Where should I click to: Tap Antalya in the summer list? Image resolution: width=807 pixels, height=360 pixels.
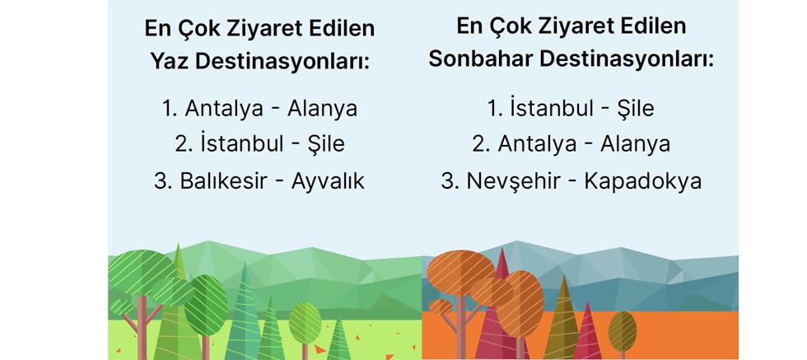pyautogui.click(x=224, y=109)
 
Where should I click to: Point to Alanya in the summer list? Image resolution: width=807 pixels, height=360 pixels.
pyautogui.click(x=322, y=109)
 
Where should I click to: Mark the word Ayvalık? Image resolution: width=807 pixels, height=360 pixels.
pyautogui.click(x=328, y=181)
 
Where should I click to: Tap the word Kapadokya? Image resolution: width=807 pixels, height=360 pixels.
pyautogui.click(x=643, y=181)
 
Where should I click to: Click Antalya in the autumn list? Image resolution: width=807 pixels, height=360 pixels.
pyautogui.click(x=537, y=143)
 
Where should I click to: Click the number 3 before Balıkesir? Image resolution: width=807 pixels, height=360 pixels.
pyautogui.click(x=159, y=181)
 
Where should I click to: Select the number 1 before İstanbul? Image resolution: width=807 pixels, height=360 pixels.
pyautogui.click(x=492, y=109)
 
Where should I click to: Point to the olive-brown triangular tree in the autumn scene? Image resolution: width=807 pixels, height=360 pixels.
pyautogui.click(x=563, y=320)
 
